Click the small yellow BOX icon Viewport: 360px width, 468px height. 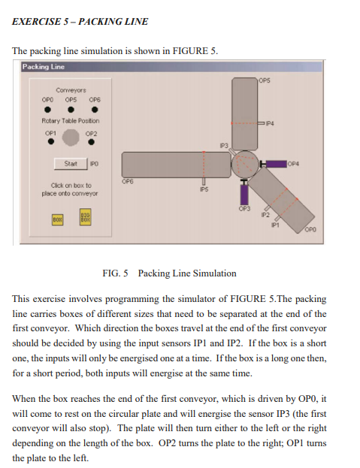tap(57, 219)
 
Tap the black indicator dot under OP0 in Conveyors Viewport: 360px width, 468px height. tap(47, 107)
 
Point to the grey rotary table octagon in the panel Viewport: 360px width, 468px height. tap(71, 137)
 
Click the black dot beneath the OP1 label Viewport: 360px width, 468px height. tap(50, 139)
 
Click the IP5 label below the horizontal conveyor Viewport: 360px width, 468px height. tap(202, 191)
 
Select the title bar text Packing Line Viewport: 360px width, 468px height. tap(43, 68)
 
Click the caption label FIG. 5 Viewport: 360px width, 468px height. tap(115, 273)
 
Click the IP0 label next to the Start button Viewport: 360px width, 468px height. tap(95, 163)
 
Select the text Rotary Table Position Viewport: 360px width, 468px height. tap(70, 120)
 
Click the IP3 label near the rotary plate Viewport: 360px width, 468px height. tap(223, 143)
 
